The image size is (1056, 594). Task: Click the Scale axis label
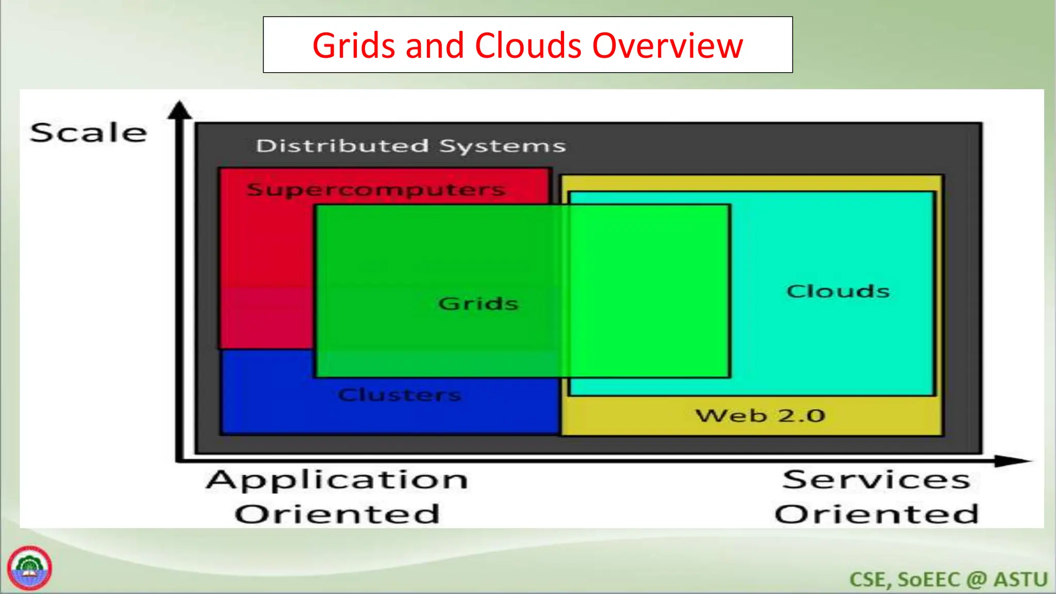(88, 133)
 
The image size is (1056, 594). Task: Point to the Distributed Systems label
(410, 146)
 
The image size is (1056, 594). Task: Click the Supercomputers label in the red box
(375, 189)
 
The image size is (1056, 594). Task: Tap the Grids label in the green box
(478, 303)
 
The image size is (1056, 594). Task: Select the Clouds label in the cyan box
(838, 291)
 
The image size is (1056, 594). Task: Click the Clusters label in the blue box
(400, 395)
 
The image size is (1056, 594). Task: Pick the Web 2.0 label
(760, 416)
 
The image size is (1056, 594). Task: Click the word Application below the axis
(337, 480)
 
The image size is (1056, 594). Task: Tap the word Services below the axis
(876, 480)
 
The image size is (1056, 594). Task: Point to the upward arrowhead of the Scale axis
(180, 110)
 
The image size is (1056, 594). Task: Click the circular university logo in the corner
(29, 568)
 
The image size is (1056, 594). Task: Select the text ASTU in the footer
(1020, 580)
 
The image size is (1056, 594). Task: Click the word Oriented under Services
(876, 514)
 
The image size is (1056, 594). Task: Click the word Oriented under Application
(337, 514)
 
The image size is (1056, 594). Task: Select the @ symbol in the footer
(976, 580)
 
